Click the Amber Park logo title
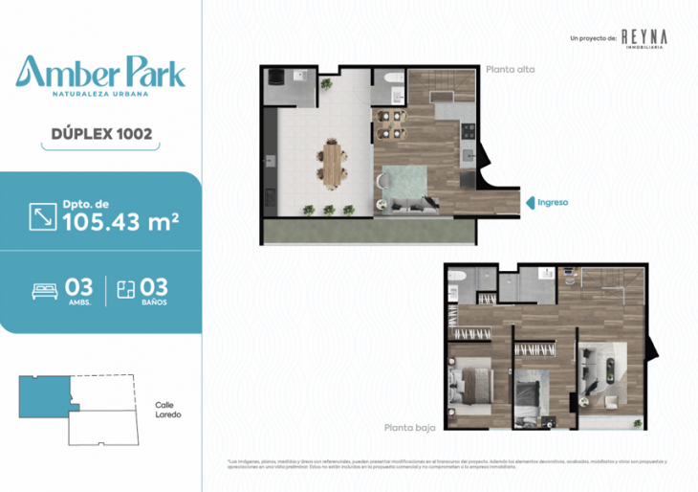[100, 75]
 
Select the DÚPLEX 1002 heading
[100, 135]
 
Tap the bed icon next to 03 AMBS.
[46, 290]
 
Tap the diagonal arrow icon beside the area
[43, 216]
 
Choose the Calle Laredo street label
[167, 410]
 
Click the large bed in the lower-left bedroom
[469, 383]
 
